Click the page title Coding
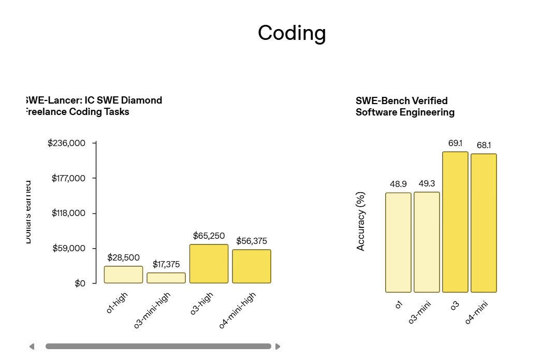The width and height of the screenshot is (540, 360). (292, 33)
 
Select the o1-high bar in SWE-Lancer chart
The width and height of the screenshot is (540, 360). (123, 275)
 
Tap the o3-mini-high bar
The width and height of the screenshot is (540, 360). (166, 278)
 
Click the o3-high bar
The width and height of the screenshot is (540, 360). (209, 264)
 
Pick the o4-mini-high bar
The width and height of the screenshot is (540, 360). (252, 266)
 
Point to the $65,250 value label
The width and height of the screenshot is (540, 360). (209, 236)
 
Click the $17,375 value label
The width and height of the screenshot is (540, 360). (166, 264)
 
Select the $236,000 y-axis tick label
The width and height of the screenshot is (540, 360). (66, 143)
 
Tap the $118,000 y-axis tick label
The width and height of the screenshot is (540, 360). (69, 213)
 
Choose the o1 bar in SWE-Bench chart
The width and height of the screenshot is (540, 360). (398, 242)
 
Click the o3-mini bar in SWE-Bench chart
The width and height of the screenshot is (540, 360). (427, 242)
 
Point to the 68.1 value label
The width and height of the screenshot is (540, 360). (484, 145)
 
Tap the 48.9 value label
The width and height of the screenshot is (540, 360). (398, 184)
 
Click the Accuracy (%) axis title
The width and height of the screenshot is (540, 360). (361, 221)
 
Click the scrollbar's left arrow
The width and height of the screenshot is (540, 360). (32, 346)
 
